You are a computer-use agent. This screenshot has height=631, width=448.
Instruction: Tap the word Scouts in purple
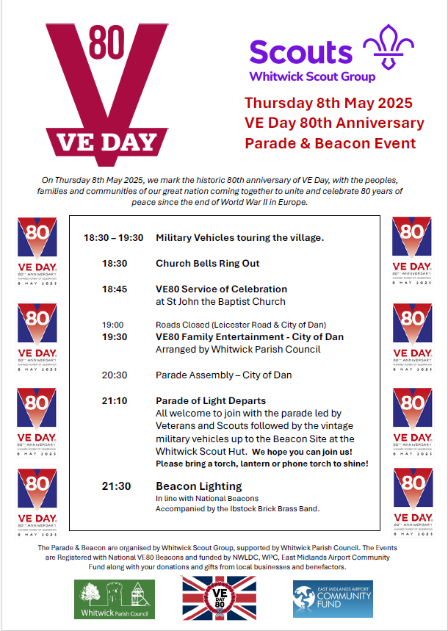[x=301, y=52]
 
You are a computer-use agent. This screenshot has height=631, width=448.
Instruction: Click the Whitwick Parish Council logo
[x=115, y=599]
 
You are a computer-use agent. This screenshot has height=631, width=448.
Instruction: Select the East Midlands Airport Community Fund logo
[x=333, y=599]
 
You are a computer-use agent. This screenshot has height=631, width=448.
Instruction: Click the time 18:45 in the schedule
[x=115, y=289]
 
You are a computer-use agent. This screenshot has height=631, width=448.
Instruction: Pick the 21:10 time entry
[x=115, y=400]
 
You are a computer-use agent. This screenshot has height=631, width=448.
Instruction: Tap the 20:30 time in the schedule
[x=115, y=375]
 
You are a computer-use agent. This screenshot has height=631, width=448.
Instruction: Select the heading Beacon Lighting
[x=198, y=486]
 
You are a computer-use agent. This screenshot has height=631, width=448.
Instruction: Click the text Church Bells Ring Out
[x=207, y=263]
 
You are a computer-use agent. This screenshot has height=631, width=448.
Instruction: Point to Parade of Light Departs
[x=211, y=400]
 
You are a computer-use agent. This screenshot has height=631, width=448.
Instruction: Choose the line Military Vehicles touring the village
[x=239, y=237]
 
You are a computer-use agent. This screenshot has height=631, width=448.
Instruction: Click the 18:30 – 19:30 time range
[x=113, y=237]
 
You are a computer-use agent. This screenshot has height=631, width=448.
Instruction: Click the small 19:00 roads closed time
[x=113, y=324]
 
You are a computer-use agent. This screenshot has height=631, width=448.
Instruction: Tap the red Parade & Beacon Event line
[x=330, y=143]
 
